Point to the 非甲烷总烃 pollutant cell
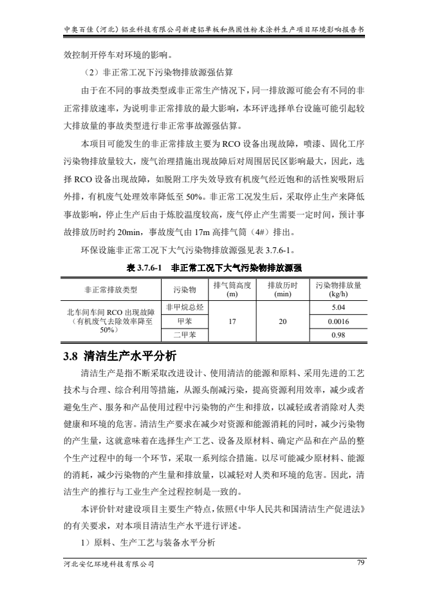(185, 306)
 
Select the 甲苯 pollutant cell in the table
(185, 320)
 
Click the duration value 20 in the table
(283, 320)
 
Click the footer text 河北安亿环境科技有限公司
(105, 564)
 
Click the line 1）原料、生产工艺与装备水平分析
(146, 543)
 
